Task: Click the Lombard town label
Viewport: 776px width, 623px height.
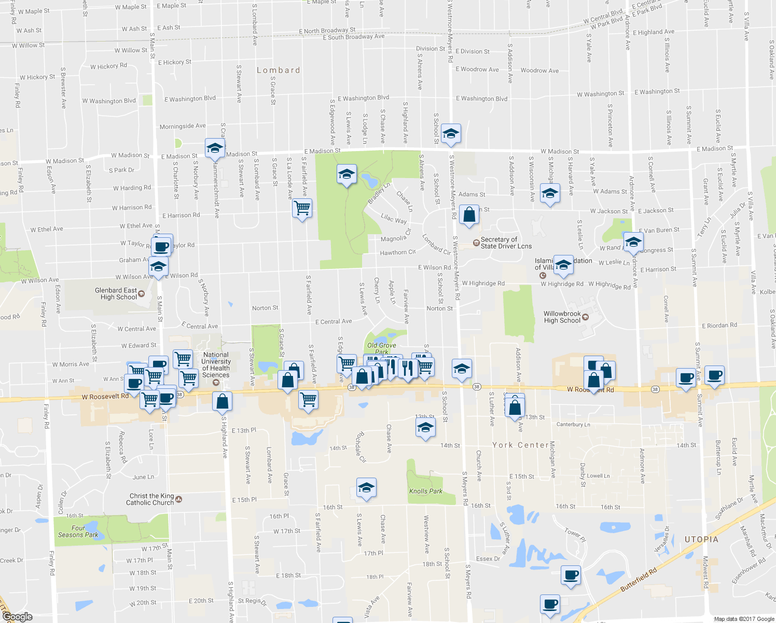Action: [x=279, y=70]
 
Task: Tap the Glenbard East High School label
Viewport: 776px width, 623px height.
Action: [x=116, y=294]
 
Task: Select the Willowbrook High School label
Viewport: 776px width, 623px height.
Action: [x=562, y=317]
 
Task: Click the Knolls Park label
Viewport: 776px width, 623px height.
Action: [x=426, y=491]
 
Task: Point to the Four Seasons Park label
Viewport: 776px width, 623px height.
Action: [x=78, y=532]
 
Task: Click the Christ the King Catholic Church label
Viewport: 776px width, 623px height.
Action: [x=150, y=499]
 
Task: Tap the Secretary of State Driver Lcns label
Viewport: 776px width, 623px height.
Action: [x=506, y=243]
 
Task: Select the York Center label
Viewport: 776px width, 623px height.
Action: [x=520, y=445]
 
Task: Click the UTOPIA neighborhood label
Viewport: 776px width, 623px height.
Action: [x=701, y=539]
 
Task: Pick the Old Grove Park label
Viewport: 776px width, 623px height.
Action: [x=381, y=348]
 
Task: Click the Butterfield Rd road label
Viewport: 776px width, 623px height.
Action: [x=639, y=580]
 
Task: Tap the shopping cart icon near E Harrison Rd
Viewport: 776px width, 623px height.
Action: [x=302, y=208]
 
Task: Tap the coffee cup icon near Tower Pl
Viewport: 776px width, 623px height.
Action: [x=571, y=575]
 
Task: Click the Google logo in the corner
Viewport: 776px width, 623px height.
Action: [x=17, y=616]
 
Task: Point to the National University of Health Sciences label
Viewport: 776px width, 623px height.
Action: [x=216, y=365]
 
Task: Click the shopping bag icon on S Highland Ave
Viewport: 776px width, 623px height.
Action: [x=223, y=401]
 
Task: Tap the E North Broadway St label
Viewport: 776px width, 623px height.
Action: [x=327, y=31]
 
